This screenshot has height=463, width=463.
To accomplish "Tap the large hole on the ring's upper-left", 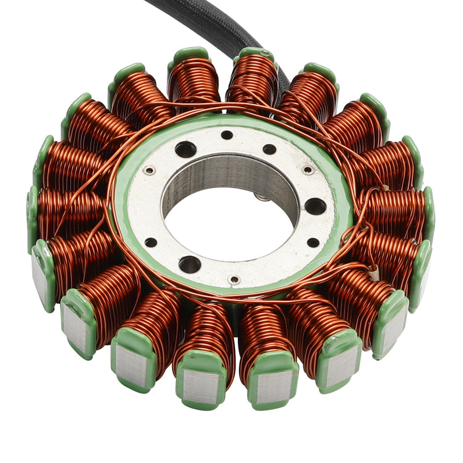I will tap(185, 149).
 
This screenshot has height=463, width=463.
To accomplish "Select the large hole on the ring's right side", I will tap(315, 205).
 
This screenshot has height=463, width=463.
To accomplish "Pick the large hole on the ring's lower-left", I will tap(189, 264).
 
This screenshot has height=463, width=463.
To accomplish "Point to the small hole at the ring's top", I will tap(227, 135).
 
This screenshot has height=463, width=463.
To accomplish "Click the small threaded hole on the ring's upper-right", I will tap(269, 149).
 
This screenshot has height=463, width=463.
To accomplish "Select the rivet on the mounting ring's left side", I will tap(149, 170).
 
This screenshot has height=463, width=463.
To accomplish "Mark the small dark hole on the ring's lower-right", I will tap(313, 242).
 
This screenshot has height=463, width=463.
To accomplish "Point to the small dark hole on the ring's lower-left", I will tap(150, 242).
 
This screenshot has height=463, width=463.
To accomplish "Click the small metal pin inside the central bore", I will tap(262, 197).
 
